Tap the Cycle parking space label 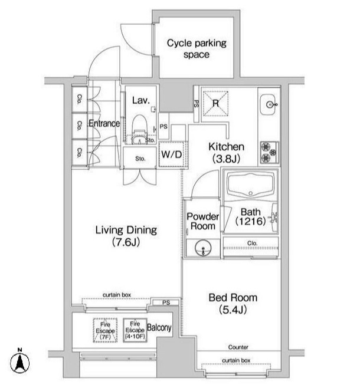point(197,48)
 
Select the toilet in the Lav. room point(140,129)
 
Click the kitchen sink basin point(268,104)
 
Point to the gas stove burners point(270,153)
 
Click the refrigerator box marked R point(215,103)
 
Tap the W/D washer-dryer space point(172,154)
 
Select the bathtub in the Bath point(250,185)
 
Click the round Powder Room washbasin point(203,248)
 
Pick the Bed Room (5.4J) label point(233,304)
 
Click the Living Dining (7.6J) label point(126,236)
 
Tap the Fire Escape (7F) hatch point(105,331)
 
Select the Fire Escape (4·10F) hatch point(135,330)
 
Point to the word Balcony point(159,328)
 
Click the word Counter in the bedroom point(238,347)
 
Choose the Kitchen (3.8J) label point(226,153)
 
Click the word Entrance point(104,123)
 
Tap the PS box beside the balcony point(166,302)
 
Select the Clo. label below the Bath point(252,243)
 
